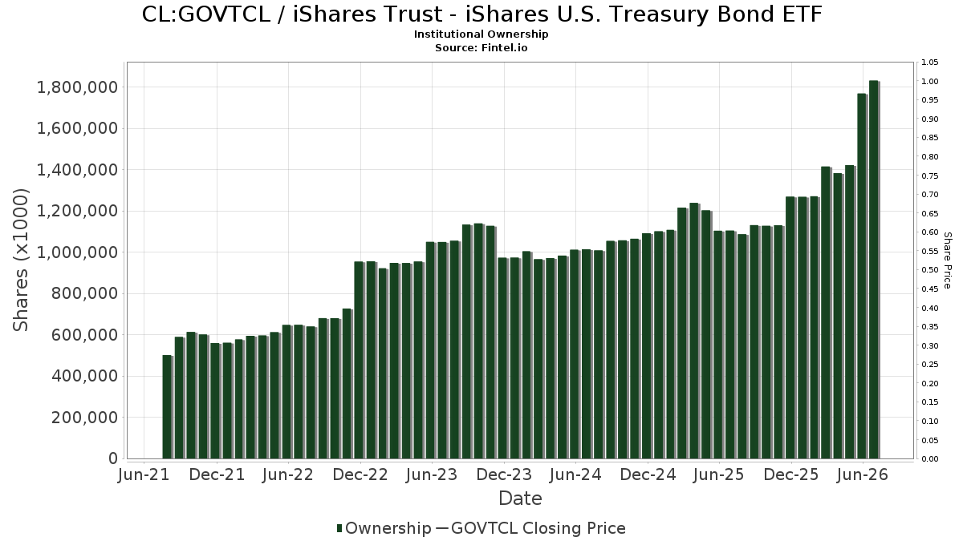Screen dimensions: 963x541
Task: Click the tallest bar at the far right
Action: tap(874, 269)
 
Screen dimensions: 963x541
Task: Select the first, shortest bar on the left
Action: tap(168, 407)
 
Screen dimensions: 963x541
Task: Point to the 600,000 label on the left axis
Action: tap(84, 335)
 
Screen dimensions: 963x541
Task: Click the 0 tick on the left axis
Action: tap(113, 458)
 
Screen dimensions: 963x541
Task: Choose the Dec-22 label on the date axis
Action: tap(360, 474)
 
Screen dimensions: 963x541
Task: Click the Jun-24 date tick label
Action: tap(575, 474)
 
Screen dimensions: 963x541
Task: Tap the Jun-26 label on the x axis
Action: tap(863, 474)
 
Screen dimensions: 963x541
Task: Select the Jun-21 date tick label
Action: tap(144, 474)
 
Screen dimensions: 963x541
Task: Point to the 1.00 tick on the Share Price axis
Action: tap(930, 82)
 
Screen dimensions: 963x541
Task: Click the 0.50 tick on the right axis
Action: tap(930, 270)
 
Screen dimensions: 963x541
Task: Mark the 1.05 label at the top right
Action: tap(930, 63)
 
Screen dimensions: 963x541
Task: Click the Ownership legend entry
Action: tap(384, 528)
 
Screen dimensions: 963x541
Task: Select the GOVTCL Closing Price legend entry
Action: tap(530, 528)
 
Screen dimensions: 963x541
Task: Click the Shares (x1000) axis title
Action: tap(21, 260)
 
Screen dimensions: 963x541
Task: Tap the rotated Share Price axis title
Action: tap(947, 260)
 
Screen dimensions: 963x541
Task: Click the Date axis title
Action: tap(520, 499)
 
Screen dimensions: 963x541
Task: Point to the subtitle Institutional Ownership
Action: tap(481, 34)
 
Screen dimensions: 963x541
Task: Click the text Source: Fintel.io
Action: tap(481, 47)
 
